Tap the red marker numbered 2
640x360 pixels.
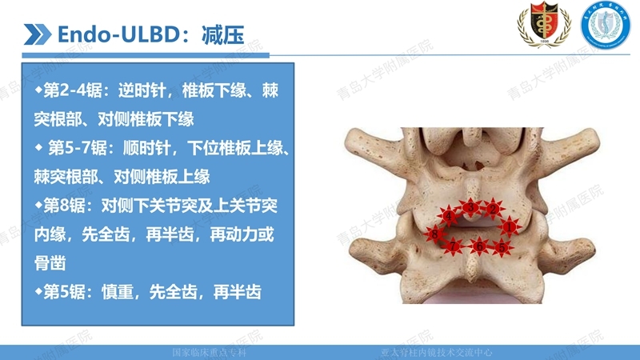click(494, 210)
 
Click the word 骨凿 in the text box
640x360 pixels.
click(50, 263)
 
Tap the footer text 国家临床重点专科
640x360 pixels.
click(210, 352)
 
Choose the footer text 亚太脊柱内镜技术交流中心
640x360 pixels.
click(436, 352)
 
